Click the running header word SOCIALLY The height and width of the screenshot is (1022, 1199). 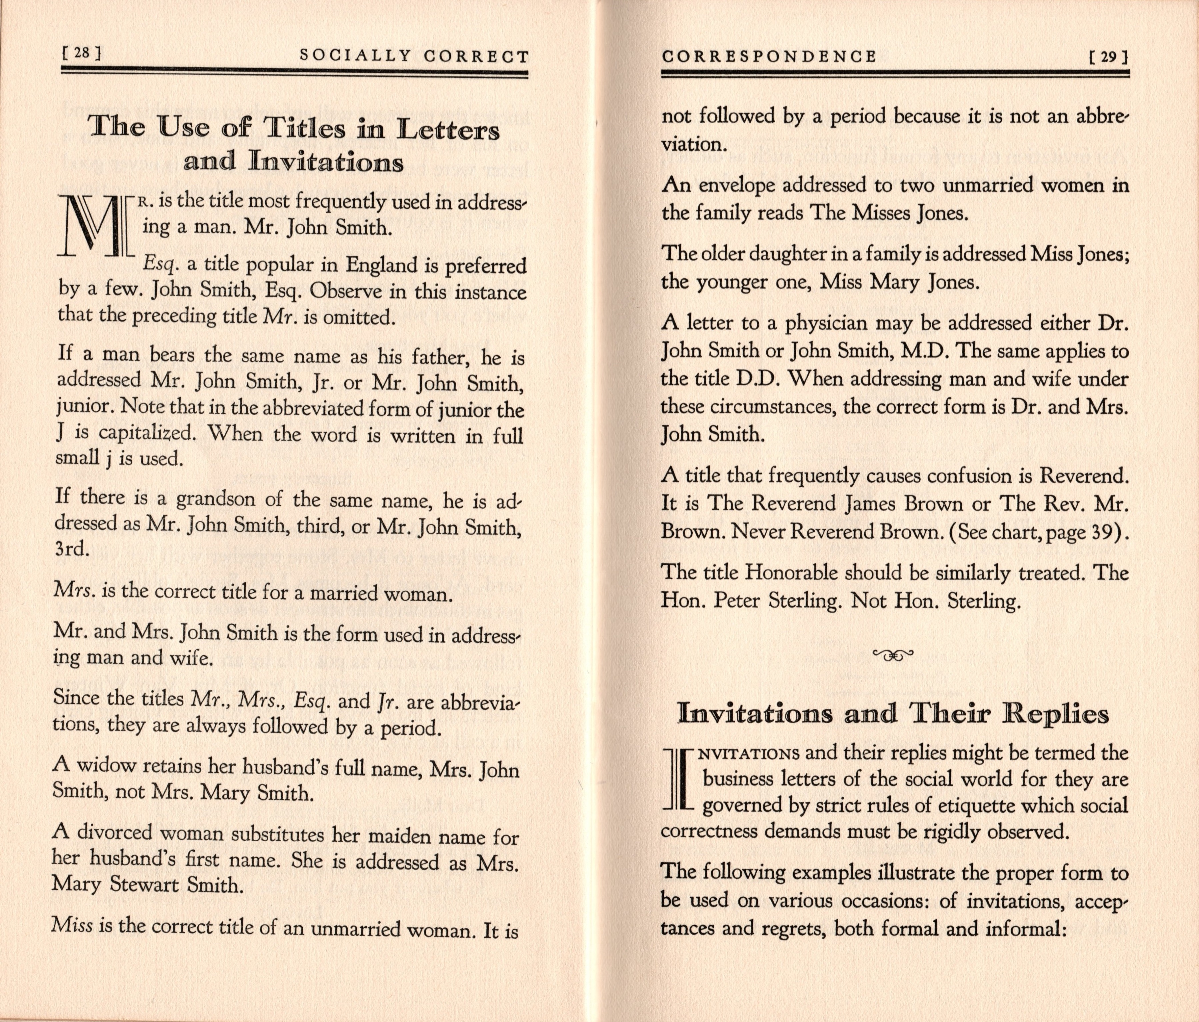[x=355, y=56]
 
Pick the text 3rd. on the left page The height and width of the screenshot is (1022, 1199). [x=72, y=549]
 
